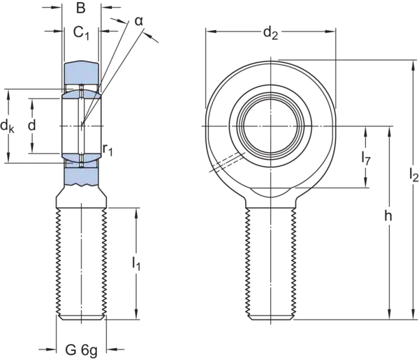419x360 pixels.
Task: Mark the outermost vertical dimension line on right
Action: pos(406,188)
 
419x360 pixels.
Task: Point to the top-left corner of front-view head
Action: pos(203,26)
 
